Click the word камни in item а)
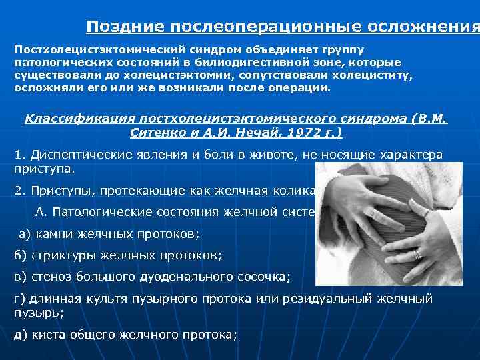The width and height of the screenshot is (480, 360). tap(54, 234)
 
